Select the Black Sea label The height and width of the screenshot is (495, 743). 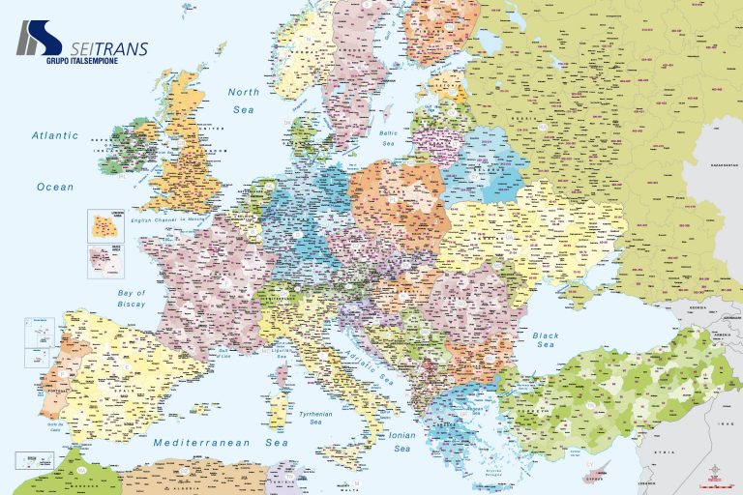pyautogui.click(x=546, y=339)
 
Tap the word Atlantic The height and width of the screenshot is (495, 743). pyautogui.click(x=54, y=136)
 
